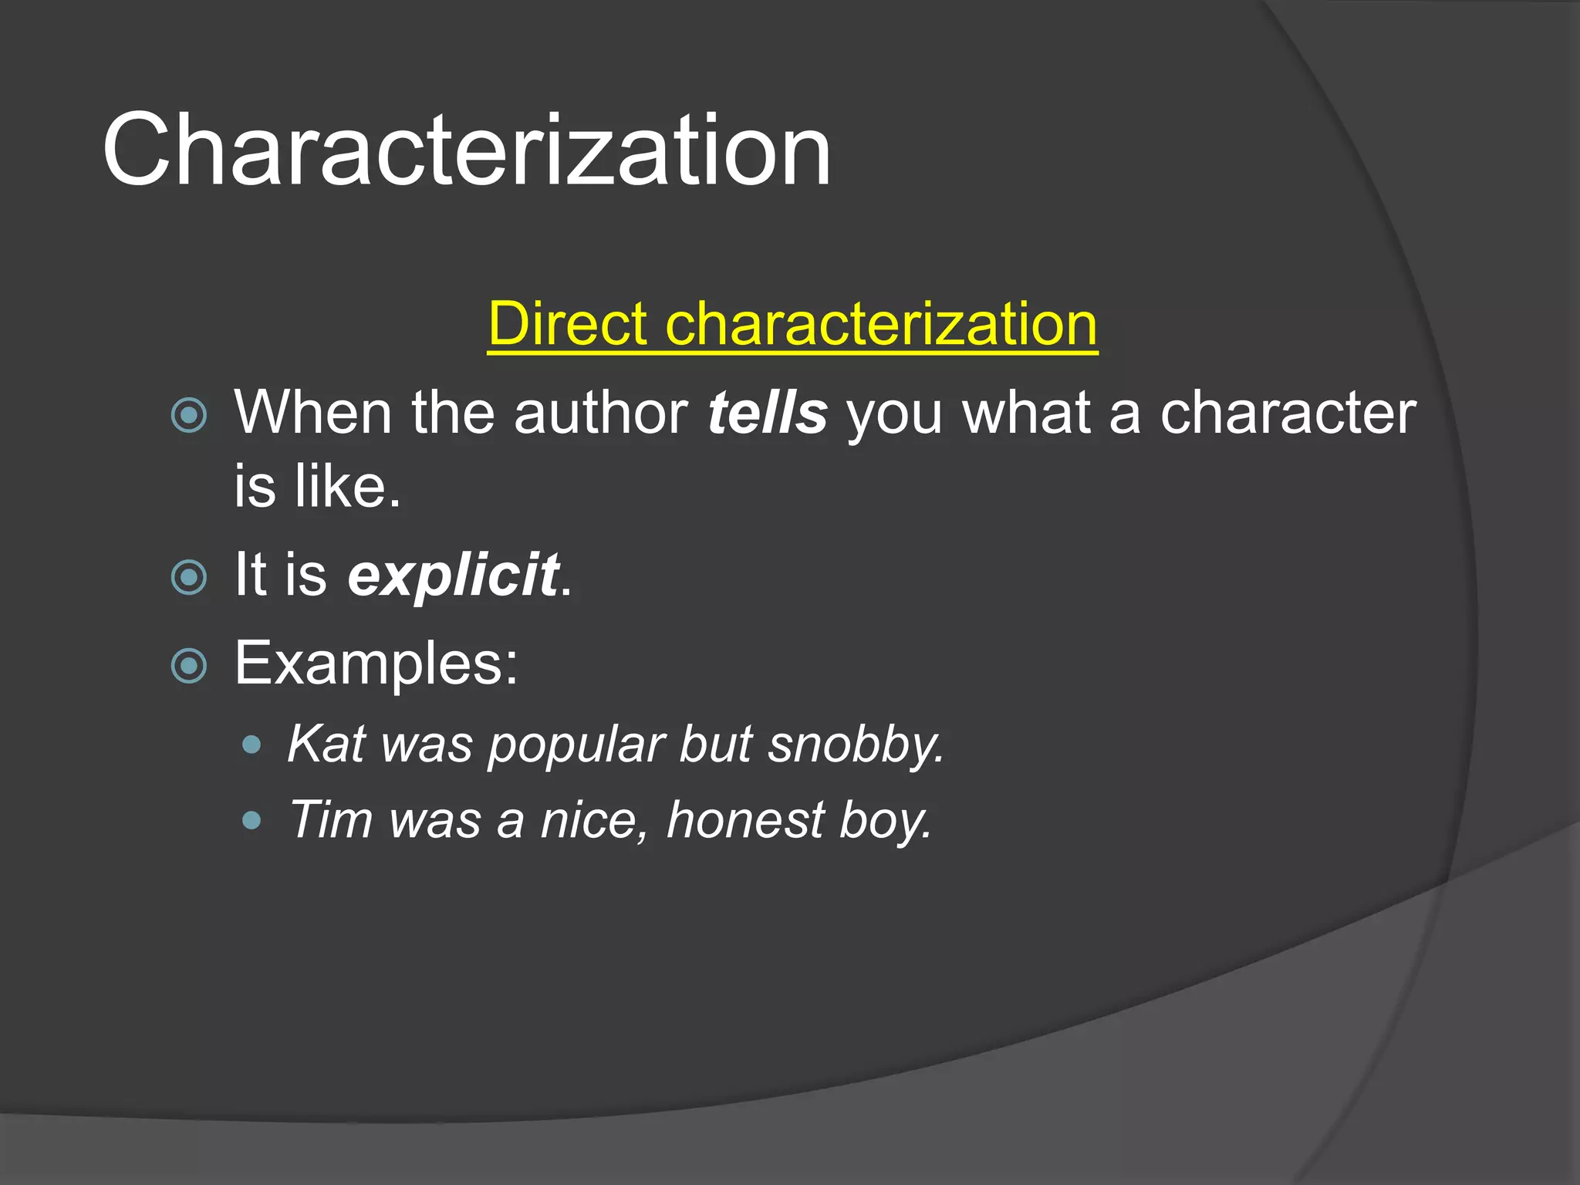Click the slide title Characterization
click(466, 150)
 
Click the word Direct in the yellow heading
click(567, 324)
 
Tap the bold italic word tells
click(768, 413)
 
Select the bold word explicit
click(453, 575)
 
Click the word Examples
click(376, 663)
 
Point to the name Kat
click(326, 744)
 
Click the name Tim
click(330, 819)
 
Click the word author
click(601, 413)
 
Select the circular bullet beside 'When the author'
click(189, 415)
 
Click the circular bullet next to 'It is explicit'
click(189, 577)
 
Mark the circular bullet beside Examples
click(189, 666)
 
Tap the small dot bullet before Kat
click(251, 745)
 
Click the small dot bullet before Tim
click(251, 820)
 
